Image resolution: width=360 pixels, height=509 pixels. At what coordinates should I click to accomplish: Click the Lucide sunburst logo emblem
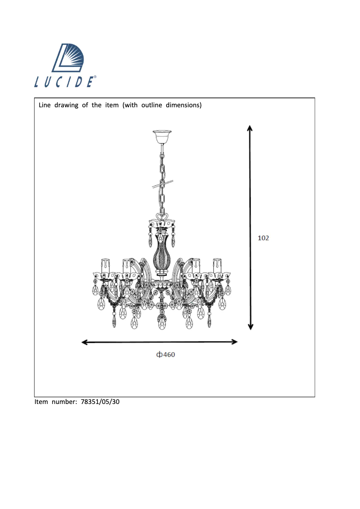tap(68, 58)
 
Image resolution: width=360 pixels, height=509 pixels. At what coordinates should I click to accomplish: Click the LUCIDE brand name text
tap(65, 82)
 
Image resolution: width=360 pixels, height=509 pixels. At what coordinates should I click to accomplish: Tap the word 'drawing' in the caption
tap(66, 105)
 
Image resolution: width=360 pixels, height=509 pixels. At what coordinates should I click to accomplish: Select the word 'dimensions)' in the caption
tap(184, 105)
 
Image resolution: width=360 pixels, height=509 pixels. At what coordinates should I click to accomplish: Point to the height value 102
tap(263, 238)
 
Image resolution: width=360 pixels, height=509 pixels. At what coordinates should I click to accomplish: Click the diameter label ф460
tap(166, 355)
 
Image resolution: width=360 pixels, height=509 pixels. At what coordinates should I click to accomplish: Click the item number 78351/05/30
tap(100, 402)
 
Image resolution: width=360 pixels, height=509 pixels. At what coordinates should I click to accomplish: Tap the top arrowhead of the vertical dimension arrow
tap(250, 127)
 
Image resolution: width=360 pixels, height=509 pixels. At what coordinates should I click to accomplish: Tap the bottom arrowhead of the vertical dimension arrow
tap(250, 327)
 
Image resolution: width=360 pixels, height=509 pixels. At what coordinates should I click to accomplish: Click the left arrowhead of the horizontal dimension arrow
tap(84, 342)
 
